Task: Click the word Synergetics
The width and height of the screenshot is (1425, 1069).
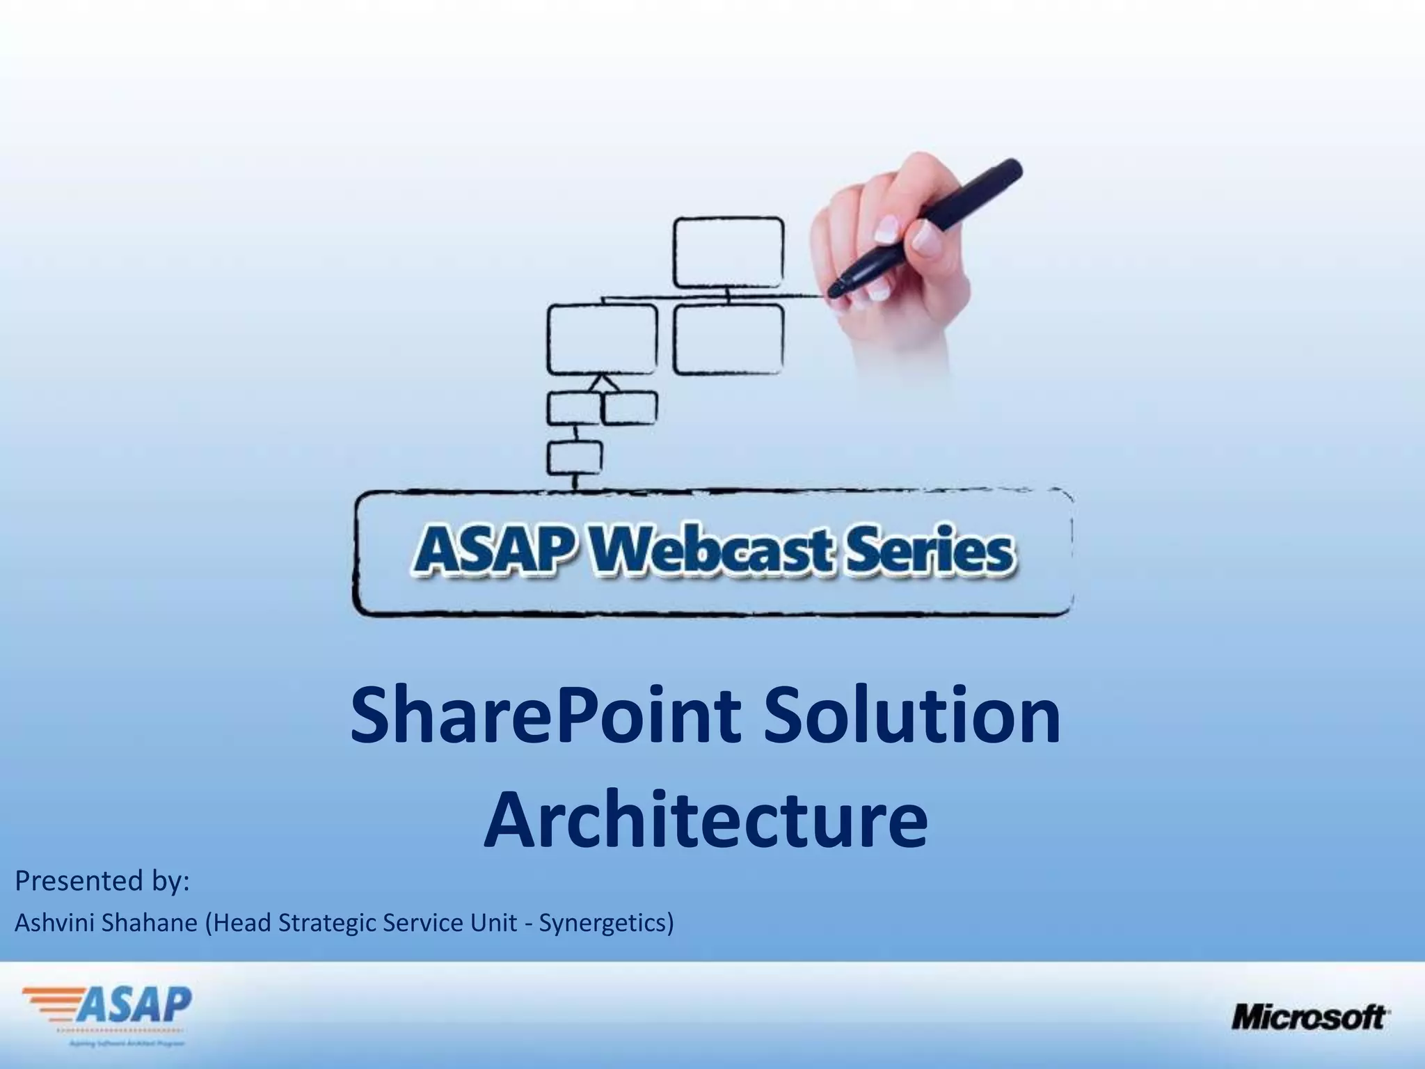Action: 603,924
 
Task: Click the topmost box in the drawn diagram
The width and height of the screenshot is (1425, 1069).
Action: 728,252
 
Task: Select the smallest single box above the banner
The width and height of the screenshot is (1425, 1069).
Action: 575,457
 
